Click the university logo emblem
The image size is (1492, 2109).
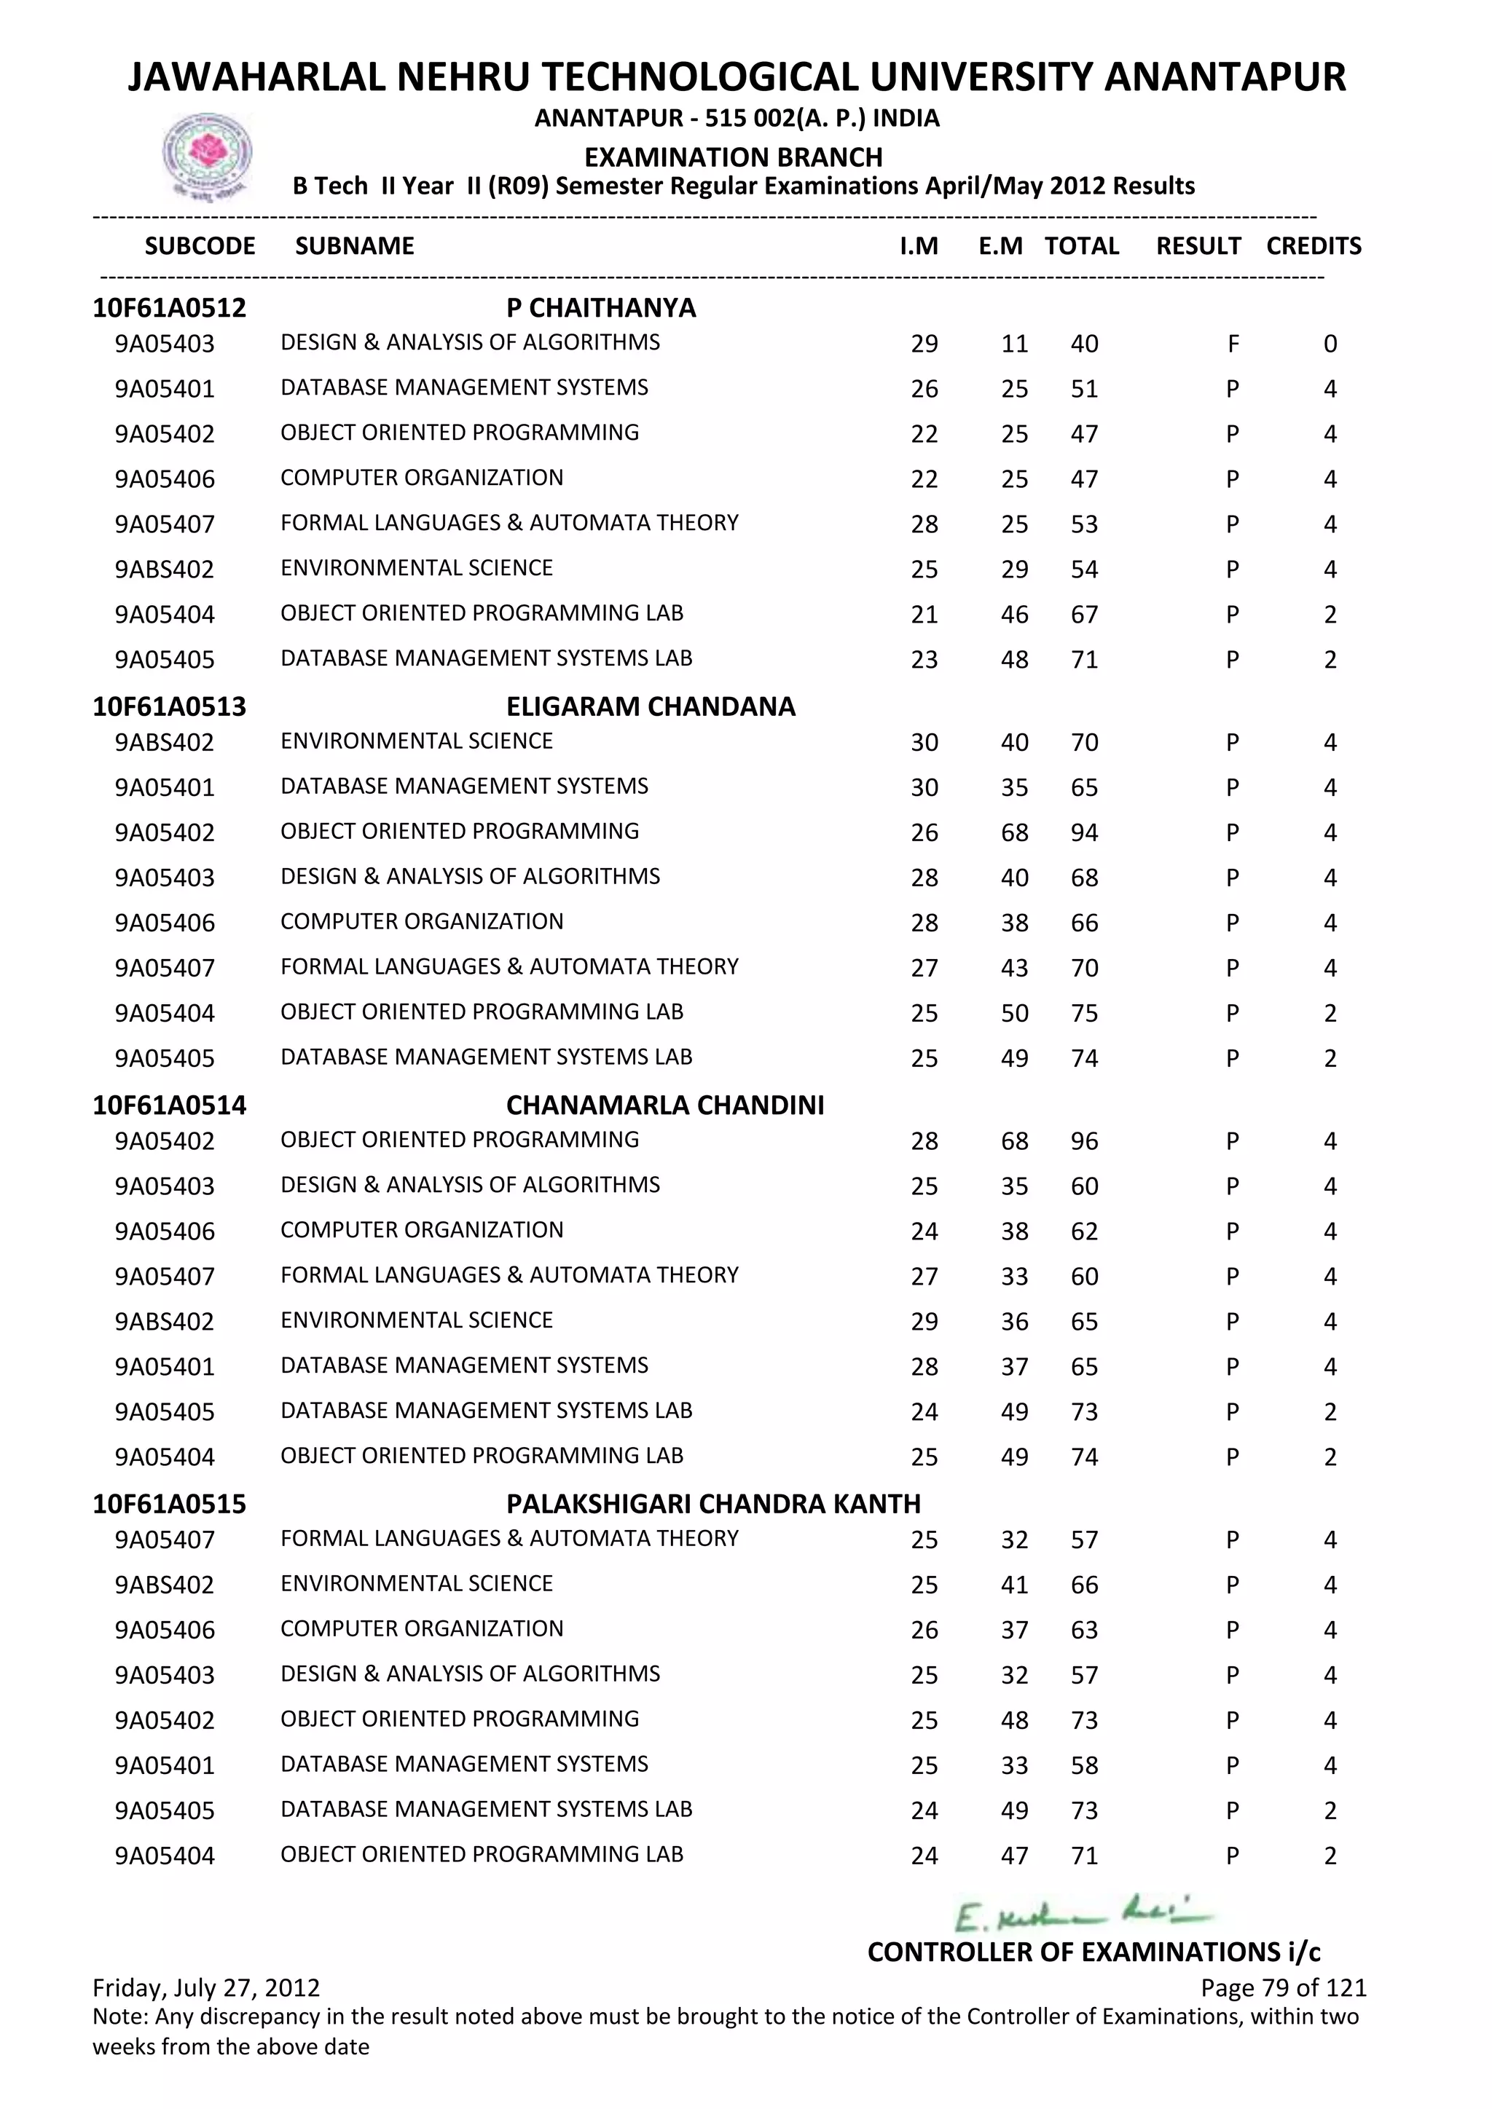(x=207, y=155)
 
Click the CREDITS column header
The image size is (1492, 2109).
(x=1313, y=246)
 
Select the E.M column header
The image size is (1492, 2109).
(x=1000, y=246)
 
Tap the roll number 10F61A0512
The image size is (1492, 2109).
(x=169, y=308)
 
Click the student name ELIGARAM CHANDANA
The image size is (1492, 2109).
(x=651, y=706)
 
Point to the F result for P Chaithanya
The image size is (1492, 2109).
(x=1233, y=344)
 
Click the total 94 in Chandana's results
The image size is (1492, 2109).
(x=1084, y=833)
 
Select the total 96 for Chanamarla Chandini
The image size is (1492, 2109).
(x=1084, y=1142)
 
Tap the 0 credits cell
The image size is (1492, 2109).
(x=1330, y=344)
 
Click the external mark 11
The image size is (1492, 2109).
(x=1014, y=344)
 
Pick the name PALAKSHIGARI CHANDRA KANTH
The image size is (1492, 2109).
(x=713, y=1504)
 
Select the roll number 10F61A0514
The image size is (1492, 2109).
(x=169, y=1105)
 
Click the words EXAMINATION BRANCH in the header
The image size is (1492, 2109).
(x=733, y=157)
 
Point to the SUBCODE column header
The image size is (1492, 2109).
(x=200, y=246)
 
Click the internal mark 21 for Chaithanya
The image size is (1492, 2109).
(x=924, y=615)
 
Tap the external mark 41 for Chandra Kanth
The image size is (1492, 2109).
(x=1014, y=1585)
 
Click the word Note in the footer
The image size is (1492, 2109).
(x=119, y=2017)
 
